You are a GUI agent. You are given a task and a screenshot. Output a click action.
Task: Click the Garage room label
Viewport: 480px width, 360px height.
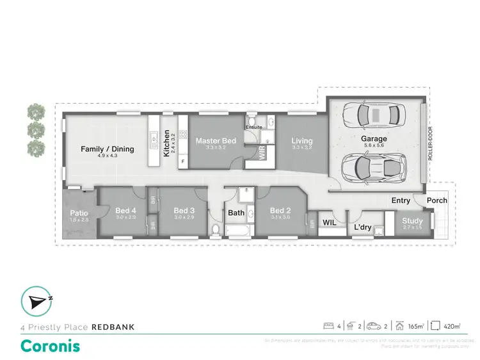(374, 138)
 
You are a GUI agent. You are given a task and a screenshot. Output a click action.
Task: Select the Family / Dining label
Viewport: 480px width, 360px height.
(108, 149)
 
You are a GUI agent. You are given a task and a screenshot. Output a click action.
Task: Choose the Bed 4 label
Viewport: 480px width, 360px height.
(125, 211)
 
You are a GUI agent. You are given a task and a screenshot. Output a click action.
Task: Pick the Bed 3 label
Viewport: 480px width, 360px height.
(184, 211)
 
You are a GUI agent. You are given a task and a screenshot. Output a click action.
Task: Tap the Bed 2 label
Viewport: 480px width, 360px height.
(280, 211)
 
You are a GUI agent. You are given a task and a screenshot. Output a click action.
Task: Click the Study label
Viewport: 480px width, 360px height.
(412, 222)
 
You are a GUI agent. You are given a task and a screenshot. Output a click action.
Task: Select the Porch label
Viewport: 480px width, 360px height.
(437, 200)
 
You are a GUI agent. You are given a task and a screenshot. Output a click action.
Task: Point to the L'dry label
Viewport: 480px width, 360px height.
(363, 227)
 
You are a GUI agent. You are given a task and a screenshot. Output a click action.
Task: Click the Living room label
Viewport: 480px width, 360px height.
(301, 141)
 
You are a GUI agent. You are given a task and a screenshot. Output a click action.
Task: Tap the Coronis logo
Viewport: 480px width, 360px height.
(51, 345)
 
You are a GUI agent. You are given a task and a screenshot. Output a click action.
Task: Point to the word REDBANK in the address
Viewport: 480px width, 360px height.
(113, 327)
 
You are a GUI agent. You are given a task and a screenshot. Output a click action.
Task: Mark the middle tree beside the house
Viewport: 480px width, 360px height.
(35, 130)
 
